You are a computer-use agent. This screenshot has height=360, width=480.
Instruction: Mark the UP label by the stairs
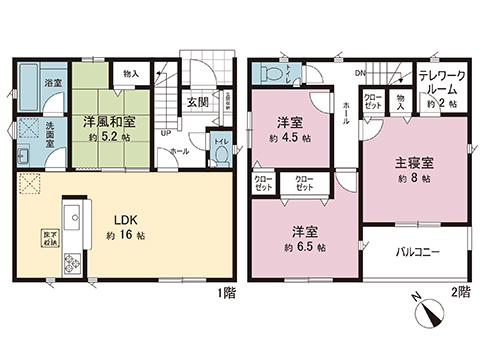[164, 131]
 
